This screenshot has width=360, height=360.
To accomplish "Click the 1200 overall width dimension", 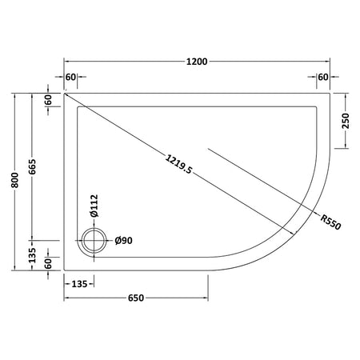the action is click(x=197, y=62).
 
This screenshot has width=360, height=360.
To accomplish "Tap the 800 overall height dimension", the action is click(x=15, y=180).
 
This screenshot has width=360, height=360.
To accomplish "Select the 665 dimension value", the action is click(x=32, y=166).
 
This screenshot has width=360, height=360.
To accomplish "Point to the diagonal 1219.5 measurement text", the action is click(x=178, y=164).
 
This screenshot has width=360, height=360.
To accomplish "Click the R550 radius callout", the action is click(x=330, y=222).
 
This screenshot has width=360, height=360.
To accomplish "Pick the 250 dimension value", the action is click(x=346, y=121).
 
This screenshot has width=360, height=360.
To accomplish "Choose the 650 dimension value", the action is click(x=136, y=298).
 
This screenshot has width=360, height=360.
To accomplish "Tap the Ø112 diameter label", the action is click(x=94, y=206).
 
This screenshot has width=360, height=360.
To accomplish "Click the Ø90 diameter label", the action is click(x=123, y=241).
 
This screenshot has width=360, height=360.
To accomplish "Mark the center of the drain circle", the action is click(x=94, y=241).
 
